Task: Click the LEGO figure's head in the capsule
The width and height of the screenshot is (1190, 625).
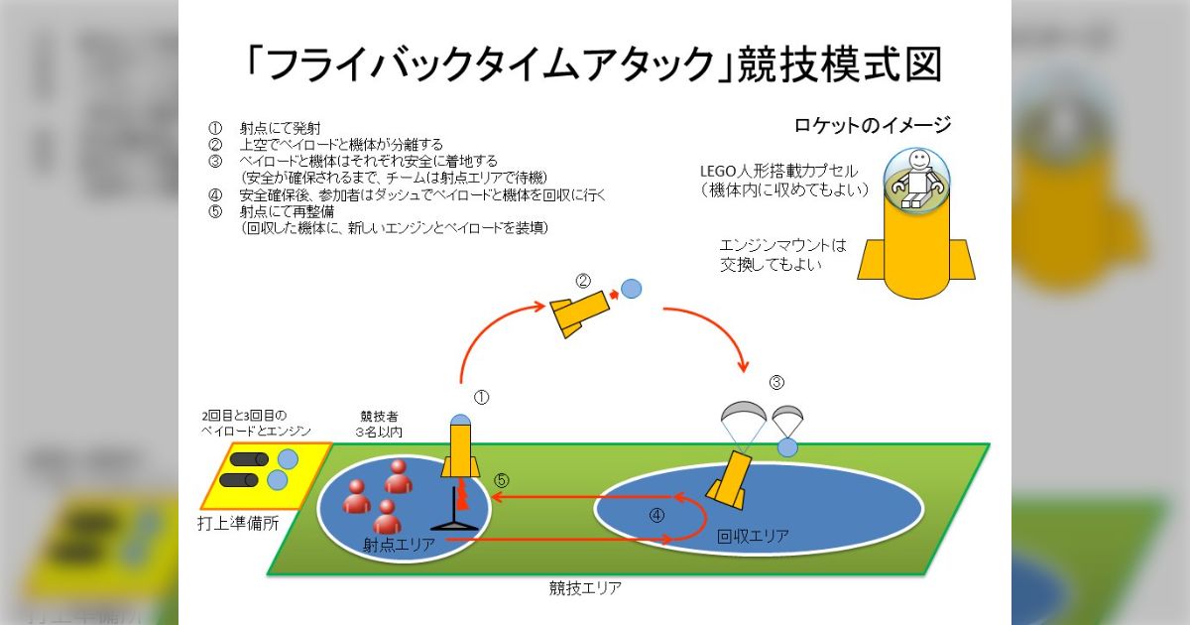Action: pyautogui.click(x=919, y=159)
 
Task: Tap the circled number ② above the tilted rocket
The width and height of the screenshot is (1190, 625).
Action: pyautogui.click(x=584, y=280)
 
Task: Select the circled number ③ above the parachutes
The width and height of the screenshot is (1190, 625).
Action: pyautogui.click(x=776, y=382)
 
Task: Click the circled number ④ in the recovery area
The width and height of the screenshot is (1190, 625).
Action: pyautogui.click(x=656, y=515)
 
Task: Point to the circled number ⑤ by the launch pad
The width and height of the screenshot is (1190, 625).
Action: pyautogui.click(x=502, y=479)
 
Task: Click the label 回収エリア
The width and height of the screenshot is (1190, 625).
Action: pyautogui.click(x=753, y=537)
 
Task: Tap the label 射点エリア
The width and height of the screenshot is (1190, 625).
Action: pyautogui.click(x=396, y=545)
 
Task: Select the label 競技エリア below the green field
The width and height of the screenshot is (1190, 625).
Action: pyautogui.click(x=585, y=587)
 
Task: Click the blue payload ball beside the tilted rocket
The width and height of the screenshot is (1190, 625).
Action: pyautogui.click(x=631, y=289)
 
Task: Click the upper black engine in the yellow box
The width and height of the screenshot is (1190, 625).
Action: pyautogui.click(x=247, y=459)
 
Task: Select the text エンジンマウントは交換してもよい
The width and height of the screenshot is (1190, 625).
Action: pyautogui.click(x=783, y=254)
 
